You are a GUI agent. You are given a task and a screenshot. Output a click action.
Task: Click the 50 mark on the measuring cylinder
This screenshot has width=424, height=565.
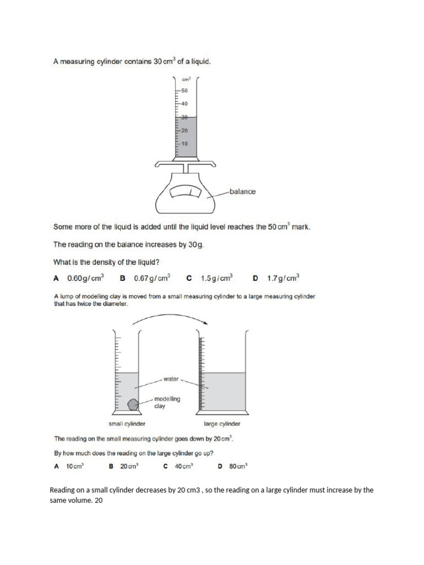pyautogui.click(x=184, y=90)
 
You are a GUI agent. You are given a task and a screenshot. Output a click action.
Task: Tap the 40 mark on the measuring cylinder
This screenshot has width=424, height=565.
pyautogui.click(x=184, y=103)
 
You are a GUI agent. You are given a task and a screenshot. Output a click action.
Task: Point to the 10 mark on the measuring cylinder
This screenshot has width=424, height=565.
pyautogui.click(x=184, y=143)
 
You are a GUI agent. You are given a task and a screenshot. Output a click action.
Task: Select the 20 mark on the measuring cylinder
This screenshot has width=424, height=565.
pyautogui.click(x=184, y=130)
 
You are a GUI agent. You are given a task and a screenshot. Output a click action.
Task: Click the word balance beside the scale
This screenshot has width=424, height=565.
pyautogui.click(x=242, y=191)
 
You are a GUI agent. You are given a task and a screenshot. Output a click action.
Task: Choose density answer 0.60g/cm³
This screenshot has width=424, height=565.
pyautogui.click(x=85, y=278)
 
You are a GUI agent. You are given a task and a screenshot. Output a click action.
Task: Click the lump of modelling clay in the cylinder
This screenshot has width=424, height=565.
pyautogui.click(x=132, y=404)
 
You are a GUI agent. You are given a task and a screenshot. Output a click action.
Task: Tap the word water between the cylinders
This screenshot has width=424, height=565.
pyautogui.click(x=171, y=379)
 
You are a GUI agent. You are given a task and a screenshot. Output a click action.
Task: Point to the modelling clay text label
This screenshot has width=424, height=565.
pyautogui.click(x=167, y=402)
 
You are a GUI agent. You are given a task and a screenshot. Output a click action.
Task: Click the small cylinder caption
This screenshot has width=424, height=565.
pyautogui.click(x=127, y=424)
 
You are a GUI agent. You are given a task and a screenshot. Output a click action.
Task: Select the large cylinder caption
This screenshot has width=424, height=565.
pyautogui.click(x=222, y=424)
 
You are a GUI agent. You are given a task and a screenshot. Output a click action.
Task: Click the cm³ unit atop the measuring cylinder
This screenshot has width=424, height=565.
pyautogui.click(x=186, y=79)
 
